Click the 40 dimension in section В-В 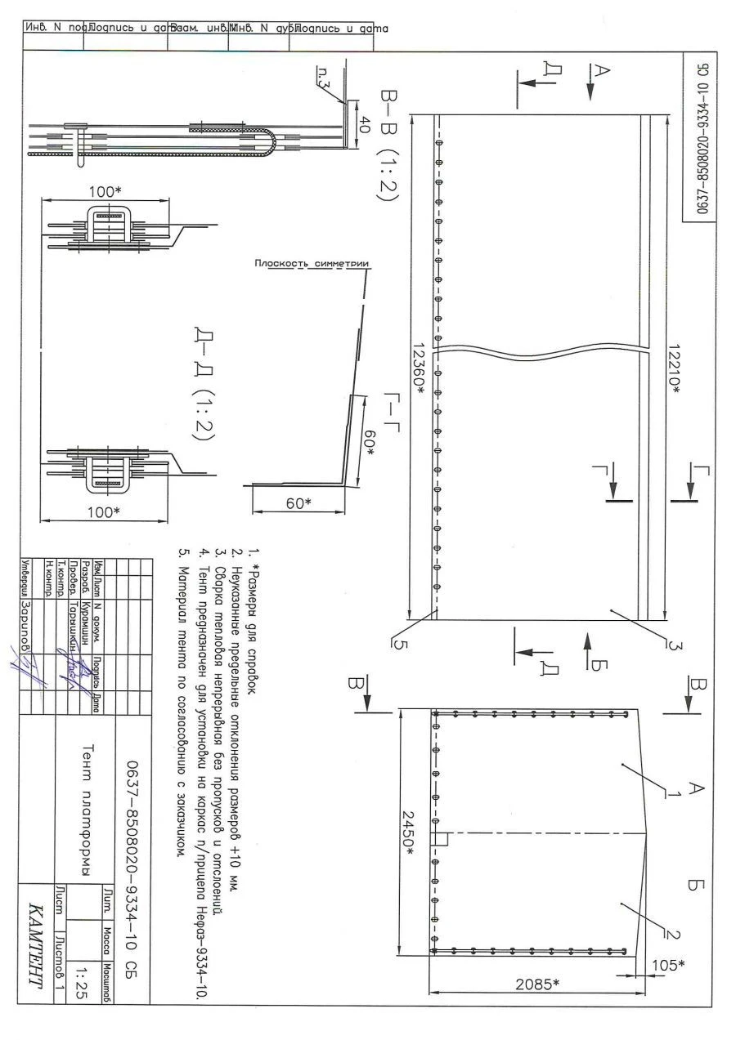[x=364, y=126]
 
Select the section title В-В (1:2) [x=388, y=150]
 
